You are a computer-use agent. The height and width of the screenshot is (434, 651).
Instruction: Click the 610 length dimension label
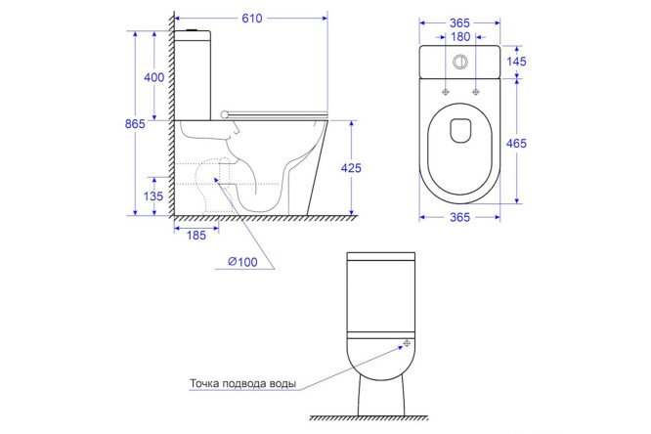pos(252,19)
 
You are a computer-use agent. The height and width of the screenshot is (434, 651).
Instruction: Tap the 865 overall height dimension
pos(135,124)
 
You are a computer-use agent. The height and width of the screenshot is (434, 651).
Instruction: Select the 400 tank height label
pos(154,77)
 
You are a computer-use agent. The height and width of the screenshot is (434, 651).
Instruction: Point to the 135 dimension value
pos(153,196)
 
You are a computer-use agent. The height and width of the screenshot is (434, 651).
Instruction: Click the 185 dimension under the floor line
pos(196,236)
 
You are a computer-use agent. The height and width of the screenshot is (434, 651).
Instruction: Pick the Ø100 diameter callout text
pos(242,262)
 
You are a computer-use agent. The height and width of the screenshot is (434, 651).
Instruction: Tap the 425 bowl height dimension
pos(351,168)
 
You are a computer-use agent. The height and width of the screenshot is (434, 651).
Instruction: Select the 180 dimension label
pos(460,37)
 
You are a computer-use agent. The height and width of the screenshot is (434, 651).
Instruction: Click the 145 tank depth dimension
pos(516,62)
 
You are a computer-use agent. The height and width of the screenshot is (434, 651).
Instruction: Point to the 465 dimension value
pos(516,144)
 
